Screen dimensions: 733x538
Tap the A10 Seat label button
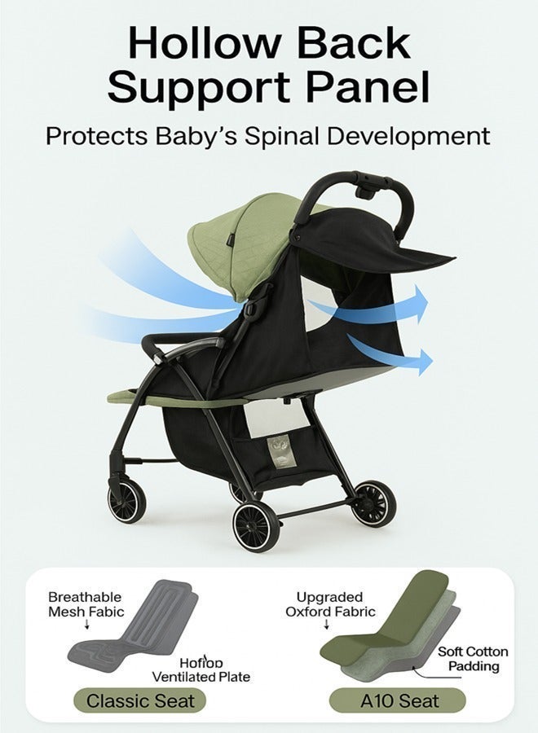point(397,700)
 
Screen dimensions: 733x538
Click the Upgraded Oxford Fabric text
point(330,604)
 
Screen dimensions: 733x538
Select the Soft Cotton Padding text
point(473,659)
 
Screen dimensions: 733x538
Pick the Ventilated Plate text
point(201,677)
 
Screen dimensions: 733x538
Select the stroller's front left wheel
point(256,526)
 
